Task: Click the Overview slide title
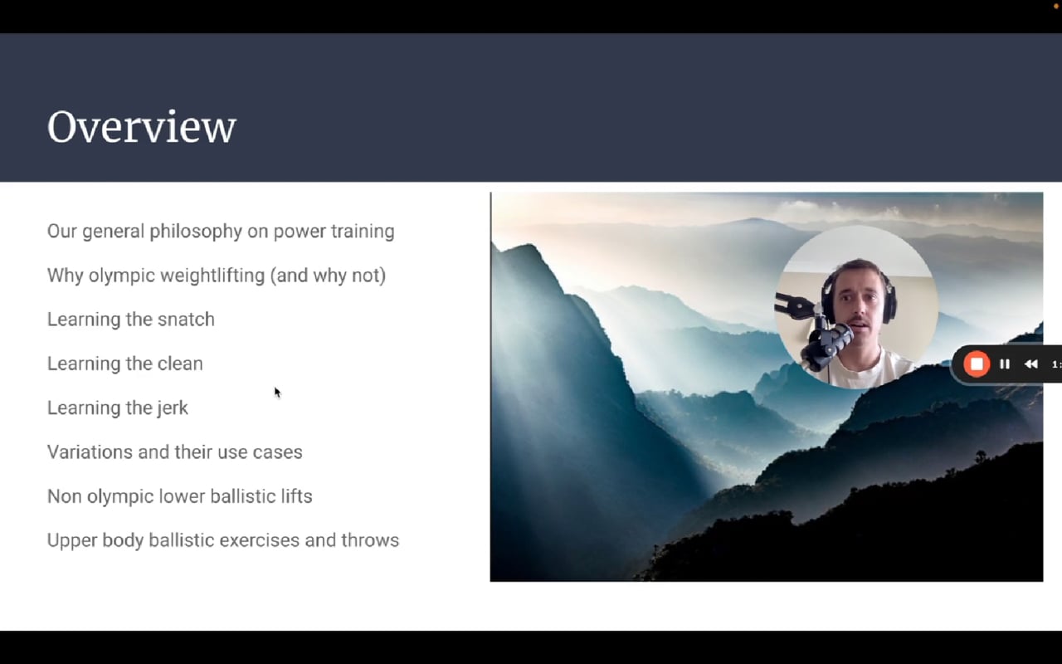[142, 127]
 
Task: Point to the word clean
[180, 364]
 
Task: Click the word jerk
[173, 408]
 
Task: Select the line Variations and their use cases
[174, 452]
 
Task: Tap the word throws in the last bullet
[370, 540]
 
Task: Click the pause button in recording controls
[1005, 364]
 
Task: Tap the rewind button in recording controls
[1030, 364]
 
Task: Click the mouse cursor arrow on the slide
[277, 393]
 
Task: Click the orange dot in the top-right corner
[1056, 5]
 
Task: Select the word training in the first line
[363, 232]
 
